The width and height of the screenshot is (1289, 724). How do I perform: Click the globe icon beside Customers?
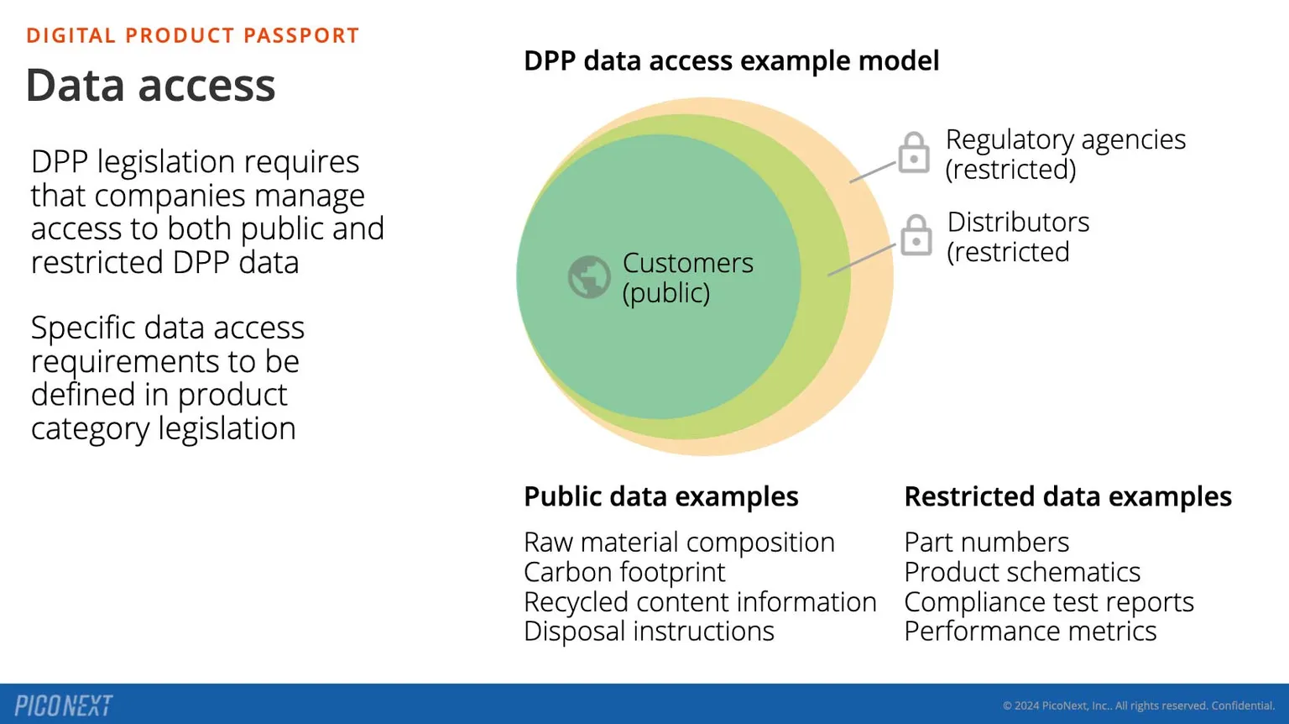pyautogui.click(x=589, y=277)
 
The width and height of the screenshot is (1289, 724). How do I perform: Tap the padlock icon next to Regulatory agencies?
pyautogui.click(x=914, y=153)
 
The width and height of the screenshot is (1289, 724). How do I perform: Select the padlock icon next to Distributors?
pyautogui.click(x=916, y=235)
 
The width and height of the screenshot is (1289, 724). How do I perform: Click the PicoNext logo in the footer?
pyautogui.click(x=64, y=706)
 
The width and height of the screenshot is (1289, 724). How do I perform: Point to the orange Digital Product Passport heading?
pyautogui.click(x=193, y=35)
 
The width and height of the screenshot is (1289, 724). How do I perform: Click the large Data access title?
pyautogui.click(x=151, y=86)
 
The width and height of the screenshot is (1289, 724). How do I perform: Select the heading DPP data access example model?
pyautogui.click(x=731, y=60)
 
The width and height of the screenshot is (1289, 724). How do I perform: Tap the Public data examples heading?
pyautogui.click(x=660, y=496)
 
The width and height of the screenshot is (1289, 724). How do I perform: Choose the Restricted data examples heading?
pyautogui.click(x=1067, y=496)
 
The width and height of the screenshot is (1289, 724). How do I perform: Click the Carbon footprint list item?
pyautogui.click(x=624, y=572)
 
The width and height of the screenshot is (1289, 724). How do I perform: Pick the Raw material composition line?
pyautogui.click(x=679, y=543)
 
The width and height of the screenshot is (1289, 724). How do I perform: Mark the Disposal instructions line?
pyautogui.click(x=649, y=632)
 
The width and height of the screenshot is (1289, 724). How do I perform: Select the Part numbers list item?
pyautogui.click(x=986, y=543)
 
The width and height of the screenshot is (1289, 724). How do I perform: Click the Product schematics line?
pyautogui.click(x=1022, y=572)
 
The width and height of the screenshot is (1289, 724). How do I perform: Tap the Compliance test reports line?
pyautogui.click(x=1049, y=602)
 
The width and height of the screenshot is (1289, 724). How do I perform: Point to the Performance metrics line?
pyautogui.click(x=1030, y=632)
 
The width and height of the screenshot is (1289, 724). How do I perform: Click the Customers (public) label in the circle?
pyautogui.click(x=687, y=277)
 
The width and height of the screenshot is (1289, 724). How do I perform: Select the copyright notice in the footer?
pyautogui.click(x=1139, y=706)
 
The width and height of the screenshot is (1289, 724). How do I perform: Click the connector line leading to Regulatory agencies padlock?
pyautogui.click(x=873, y=172)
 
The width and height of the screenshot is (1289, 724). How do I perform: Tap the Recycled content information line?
pyautogui.click(x=700, y=602)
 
